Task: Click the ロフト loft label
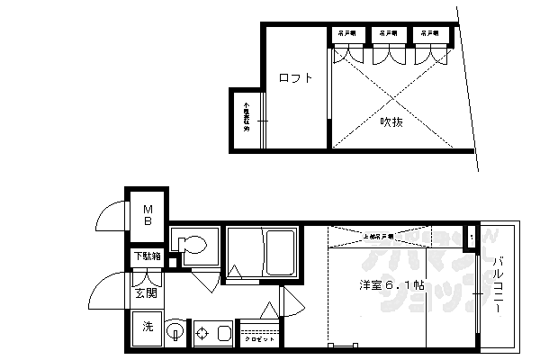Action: point(295,78)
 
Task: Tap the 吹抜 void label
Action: point(390,121)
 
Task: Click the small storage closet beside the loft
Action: point(247,117)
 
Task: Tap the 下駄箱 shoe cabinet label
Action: point(148,256)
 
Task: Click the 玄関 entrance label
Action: point(146,292)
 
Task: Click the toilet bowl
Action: point(192,244)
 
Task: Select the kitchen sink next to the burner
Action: point(222,334)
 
